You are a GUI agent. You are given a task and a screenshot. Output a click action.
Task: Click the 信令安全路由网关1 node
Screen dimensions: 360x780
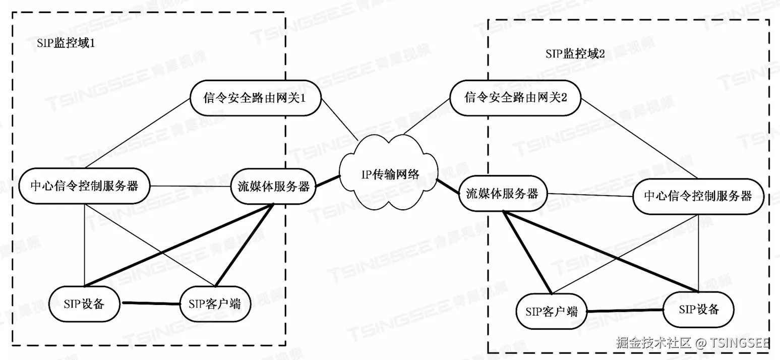256,98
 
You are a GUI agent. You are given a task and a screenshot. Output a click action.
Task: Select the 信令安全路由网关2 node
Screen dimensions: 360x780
515,97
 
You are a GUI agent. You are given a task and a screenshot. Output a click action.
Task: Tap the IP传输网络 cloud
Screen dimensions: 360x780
389,174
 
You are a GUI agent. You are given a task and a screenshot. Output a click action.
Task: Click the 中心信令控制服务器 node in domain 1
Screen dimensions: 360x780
85,186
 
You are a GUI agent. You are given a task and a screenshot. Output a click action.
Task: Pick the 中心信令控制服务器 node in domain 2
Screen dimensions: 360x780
698,196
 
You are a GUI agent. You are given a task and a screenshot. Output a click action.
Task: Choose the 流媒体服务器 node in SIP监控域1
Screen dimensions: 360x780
273,186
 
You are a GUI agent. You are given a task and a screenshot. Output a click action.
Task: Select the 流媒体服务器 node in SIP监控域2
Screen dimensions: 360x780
502,194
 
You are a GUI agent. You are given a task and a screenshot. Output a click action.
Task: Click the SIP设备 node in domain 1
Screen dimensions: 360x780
84,304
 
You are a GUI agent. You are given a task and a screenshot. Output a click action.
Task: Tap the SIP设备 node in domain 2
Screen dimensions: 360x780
698,309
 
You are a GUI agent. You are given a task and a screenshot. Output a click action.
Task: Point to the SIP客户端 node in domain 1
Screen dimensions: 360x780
215,304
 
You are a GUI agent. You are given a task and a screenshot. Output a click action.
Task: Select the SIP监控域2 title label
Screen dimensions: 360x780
575,54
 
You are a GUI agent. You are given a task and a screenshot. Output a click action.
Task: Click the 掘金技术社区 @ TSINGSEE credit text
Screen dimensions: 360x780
692,343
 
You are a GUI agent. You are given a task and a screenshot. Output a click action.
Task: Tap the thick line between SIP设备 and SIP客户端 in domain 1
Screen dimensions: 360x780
150,304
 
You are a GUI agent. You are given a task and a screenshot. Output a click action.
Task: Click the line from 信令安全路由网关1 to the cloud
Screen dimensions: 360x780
339,120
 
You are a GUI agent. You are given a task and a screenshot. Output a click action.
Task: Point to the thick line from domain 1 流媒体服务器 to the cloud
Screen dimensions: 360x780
328,181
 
